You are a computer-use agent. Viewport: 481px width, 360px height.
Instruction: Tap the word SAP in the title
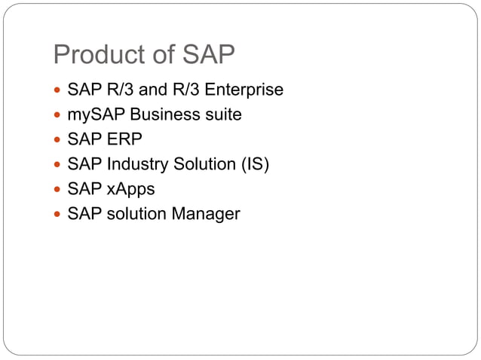[208, 56]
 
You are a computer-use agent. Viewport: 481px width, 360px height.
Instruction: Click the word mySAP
[94, 115]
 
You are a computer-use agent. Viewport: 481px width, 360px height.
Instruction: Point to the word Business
[160, 115]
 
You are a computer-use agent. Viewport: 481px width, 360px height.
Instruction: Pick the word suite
[220, 115]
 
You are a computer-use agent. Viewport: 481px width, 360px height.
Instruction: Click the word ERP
[122, 140]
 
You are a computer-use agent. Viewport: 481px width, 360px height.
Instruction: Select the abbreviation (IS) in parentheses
[254, 164]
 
